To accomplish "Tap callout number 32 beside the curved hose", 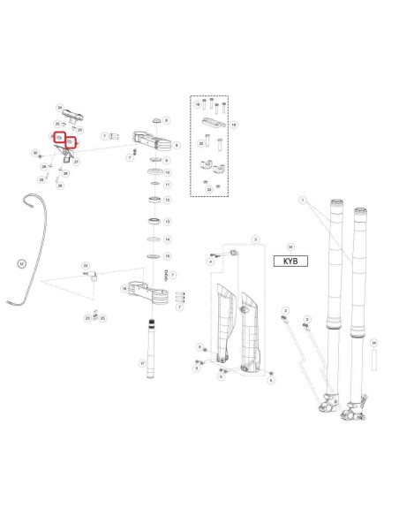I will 22,262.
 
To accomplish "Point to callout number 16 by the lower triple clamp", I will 124,288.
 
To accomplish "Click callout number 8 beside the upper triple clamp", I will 177,144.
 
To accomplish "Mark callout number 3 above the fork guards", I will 255,239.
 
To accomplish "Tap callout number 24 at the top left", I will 60,105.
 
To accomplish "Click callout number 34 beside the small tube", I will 374,342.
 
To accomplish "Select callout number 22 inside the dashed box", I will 208,188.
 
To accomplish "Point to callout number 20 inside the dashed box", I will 201,141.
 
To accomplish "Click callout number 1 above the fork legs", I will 303,201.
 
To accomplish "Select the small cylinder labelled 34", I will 373,360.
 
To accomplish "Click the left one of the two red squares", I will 58,139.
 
